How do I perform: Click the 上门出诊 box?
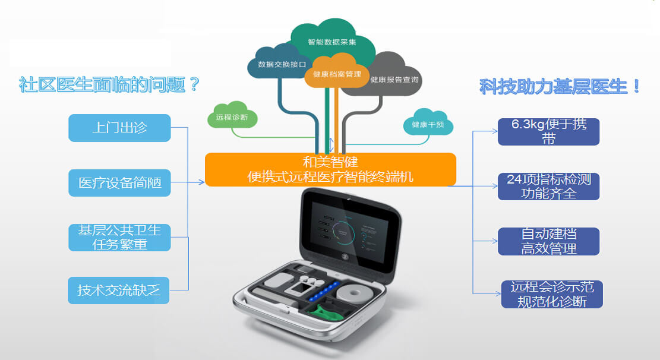[119, 128]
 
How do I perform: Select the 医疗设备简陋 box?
[119, 182]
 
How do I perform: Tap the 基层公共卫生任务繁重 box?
[119, 237]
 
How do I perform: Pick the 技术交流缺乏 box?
[119, 290]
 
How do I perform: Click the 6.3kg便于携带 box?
[548, 132]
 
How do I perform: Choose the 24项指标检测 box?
[548, 186]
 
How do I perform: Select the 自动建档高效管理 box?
[548, 241]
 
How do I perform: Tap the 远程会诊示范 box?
[552, 294]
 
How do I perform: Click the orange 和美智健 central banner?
[330, 169]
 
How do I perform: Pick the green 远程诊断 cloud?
[232, 117]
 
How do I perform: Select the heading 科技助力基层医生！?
[560, 87]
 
